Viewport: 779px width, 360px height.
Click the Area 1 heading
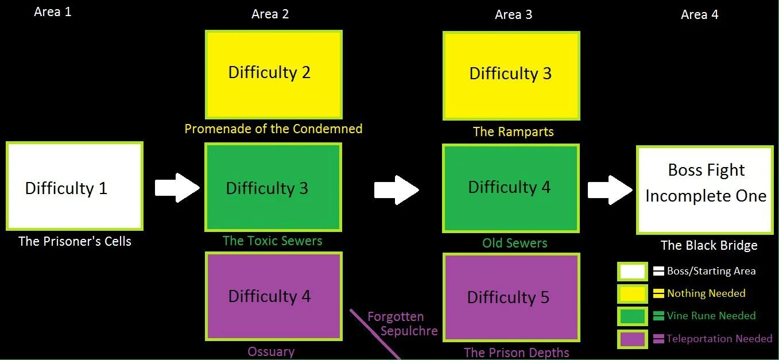(x=53, y=11)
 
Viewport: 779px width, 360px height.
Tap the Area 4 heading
(x=699, y=14)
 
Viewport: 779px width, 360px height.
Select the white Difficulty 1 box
(x=74, y=187)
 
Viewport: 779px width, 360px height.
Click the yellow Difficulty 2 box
(x=274, y=75)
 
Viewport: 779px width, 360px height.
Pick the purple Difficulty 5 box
(x=511, y=297)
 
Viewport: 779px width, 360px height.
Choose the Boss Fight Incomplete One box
(x=705, y=190)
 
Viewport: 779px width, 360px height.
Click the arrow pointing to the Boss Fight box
(x=610, y=190)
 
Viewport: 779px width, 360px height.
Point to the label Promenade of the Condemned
(x=273, y=129)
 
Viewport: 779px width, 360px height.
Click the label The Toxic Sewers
(x=272, y=241)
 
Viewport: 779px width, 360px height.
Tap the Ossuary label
(x=271, y=351)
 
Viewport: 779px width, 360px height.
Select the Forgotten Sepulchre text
(x=402, y=324)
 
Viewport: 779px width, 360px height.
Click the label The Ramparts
(x=513, y=131)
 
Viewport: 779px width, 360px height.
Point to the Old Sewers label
(x=514, y=243)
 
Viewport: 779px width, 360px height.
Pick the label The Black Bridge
(x=709, y=246)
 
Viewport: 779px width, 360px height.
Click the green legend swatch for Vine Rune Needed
(x=631, y=316)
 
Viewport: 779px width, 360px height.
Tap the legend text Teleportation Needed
(x=719, y=339)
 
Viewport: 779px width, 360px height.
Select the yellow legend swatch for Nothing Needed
(x=631, y=294)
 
